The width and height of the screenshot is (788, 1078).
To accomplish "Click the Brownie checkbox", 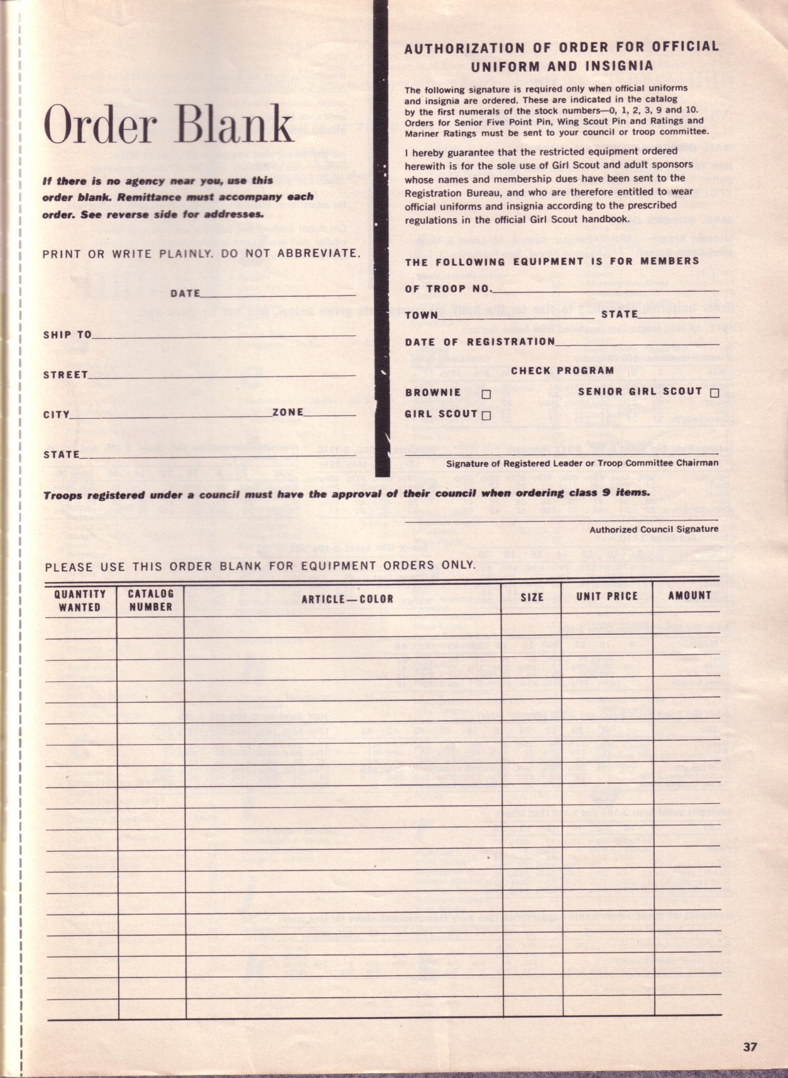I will pos(486,394).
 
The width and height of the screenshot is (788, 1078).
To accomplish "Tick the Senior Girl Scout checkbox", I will pos(714,393).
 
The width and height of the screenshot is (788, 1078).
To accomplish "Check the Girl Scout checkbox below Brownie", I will pos(486,415).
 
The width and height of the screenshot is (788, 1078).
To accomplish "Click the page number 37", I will pos(750,1047).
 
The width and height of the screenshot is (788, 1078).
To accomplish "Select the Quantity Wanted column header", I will pos(80,601).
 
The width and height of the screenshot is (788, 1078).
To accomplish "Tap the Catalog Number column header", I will pos(150,600).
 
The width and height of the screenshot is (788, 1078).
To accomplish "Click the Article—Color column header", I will pos(347,599).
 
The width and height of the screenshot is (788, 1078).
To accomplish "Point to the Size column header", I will pos(532,597).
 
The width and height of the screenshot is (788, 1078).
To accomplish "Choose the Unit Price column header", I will pos(606,597).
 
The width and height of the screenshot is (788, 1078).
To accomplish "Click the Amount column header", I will pos(689,595).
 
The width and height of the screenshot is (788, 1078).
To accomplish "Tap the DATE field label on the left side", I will pos(185,293).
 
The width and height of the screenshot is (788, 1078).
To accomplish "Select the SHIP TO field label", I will pos(67,334).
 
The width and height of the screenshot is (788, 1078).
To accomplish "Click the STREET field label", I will pos(65,375).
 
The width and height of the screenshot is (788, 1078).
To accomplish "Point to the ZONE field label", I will pos(288,412).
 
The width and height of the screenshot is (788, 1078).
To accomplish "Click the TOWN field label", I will pos(421,315).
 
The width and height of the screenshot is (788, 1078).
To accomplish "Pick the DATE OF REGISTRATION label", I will pos(479,341).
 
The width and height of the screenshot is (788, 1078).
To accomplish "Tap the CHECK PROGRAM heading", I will pos(562,371).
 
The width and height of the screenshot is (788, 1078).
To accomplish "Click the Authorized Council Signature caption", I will pos(654,529).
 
